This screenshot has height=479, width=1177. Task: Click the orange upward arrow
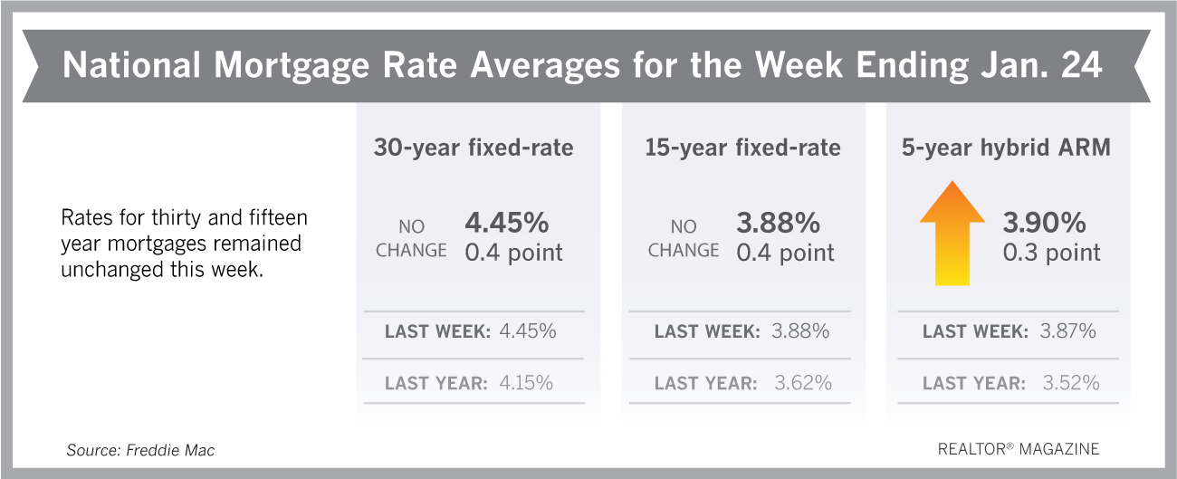952,234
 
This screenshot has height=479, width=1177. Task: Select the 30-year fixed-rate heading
474,148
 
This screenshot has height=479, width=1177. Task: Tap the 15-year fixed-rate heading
742,148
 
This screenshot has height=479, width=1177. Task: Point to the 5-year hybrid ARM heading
1006,148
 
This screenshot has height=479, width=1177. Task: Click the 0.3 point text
1051,253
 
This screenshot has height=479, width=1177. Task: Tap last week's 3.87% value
1067,331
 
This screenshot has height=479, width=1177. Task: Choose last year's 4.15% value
526,383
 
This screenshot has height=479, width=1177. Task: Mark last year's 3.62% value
803,383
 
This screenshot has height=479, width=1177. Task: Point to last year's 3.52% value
1071,383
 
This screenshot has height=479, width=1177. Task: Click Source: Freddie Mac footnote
140,450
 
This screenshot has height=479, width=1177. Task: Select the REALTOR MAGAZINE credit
1019,449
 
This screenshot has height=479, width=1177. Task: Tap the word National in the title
132,65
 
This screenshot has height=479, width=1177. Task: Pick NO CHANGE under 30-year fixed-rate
411,238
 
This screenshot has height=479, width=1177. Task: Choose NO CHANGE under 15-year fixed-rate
683,238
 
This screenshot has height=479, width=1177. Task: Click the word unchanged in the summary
112,270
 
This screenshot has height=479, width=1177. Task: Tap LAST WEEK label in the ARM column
975,331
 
